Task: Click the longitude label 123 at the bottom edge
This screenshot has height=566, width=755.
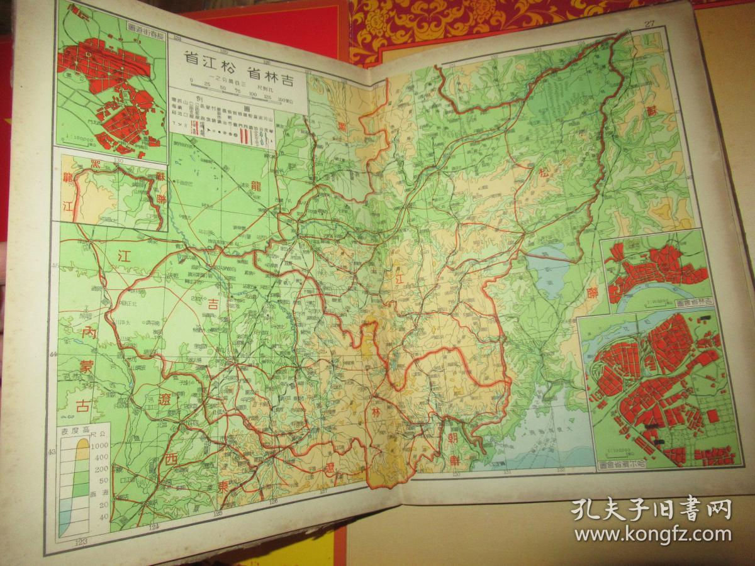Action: coord(81,541)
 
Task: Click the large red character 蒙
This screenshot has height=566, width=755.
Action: coord(84,365)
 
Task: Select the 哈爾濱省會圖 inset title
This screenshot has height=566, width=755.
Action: coord(630,467)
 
